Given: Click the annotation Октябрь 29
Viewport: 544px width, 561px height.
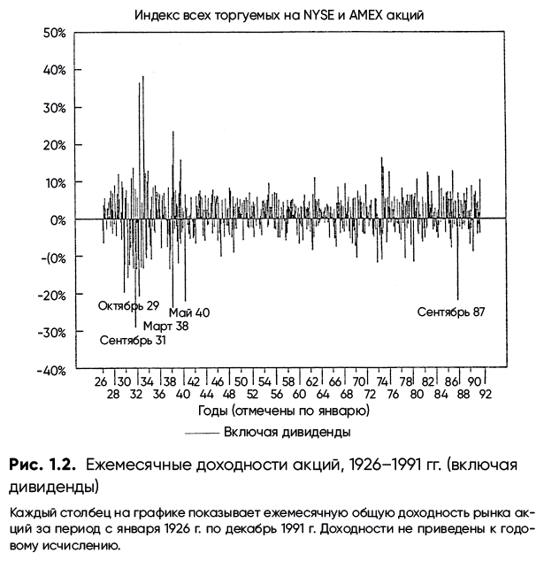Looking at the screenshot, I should click(x=128, y=306).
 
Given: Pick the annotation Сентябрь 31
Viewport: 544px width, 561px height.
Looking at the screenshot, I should click(x=133, y=341).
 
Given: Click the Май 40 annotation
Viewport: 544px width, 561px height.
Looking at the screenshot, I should click(x=189, y=311).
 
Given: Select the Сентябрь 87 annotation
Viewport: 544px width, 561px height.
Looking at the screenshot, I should click(x=451, y=311).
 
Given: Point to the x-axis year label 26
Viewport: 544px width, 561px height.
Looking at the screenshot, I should click(x=102, y=382).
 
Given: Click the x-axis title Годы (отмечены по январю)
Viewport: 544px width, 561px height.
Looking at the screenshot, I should click(x=284, y=412).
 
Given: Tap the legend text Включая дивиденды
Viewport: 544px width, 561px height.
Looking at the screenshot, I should click(x=287, y=432).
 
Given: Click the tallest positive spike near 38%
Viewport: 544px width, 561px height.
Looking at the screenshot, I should click(x=142, y=78).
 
